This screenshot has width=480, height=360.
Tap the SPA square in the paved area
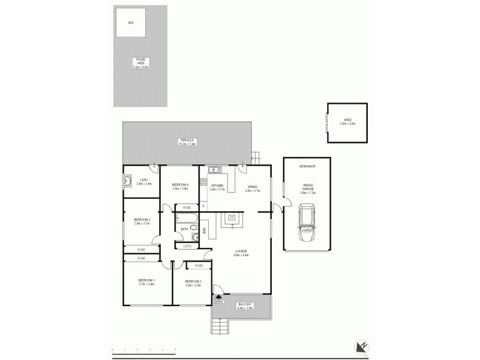click(130, 23)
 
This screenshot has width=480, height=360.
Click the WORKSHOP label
click(307, 166)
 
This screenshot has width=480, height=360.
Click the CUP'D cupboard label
click(188, 245)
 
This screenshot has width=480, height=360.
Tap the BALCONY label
click(245, 306)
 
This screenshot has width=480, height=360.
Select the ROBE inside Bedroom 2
click(198, 265)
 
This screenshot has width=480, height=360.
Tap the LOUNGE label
click(241, 253)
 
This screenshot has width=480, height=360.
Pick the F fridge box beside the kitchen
click(203, 206)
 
